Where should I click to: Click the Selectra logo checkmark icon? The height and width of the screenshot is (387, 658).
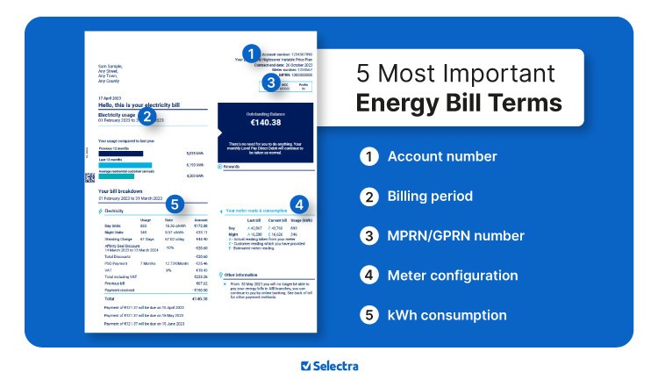pos(305,366)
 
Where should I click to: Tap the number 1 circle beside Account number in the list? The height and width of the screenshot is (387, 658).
pos(368,157)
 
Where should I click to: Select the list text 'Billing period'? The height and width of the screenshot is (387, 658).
pos(430,197)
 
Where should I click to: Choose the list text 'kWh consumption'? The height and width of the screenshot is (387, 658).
pos(447,314)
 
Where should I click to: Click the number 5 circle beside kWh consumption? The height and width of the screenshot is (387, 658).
pos(368,314)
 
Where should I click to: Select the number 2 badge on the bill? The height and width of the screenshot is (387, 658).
pos(147,115)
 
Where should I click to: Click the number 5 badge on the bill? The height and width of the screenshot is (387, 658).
pos(175,204)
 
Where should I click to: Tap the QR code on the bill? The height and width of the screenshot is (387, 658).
pos(89,177)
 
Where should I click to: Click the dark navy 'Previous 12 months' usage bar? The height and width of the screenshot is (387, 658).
pos(121,153)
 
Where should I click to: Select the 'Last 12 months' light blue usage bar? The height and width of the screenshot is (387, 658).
pos(125,164)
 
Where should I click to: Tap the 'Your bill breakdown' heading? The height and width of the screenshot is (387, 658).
pos(121,190)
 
